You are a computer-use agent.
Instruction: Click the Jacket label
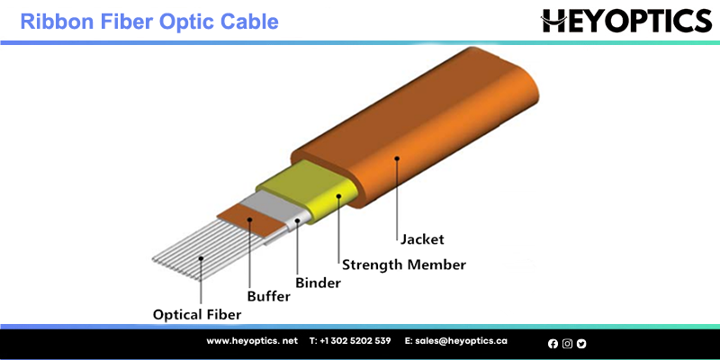point(422,239)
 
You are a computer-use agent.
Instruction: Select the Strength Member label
point(404,265)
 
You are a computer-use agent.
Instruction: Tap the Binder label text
point(319,283)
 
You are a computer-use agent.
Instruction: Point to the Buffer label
point(269,297)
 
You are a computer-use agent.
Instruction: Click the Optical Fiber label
point(197,315)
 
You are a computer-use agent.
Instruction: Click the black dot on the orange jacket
point(397,158)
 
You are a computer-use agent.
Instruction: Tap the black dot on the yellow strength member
point(338,196)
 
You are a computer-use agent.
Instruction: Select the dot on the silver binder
point(298,220)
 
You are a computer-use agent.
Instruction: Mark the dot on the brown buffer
point(250,220)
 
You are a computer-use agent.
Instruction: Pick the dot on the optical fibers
point(201,259)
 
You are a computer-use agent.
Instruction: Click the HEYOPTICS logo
point(626,21)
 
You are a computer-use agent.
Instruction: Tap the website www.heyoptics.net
point(252,341)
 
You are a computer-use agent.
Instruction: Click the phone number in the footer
point(350,341)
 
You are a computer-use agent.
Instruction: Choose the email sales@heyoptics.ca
point(456,341)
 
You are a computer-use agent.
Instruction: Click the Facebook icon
point(553,344)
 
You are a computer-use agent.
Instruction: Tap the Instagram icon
point(567,344)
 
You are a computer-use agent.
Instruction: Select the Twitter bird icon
point(581,344)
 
